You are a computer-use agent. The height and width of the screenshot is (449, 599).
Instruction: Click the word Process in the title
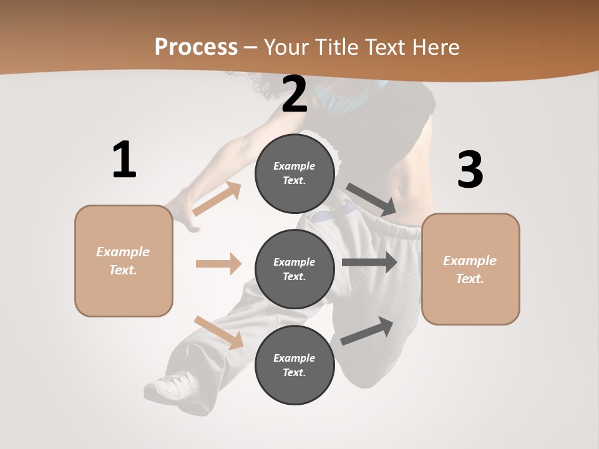(x=196, y=47)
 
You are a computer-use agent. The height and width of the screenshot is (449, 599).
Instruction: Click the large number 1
(x=124, y=160)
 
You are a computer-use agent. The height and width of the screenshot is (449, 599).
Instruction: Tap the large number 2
(x=295, y=94)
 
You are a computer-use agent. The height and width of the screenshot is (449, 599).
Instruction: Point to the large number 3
(x=470, y=170)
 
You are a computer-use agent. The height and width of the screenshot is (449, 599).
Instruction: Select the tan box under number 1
(x=124, y=261)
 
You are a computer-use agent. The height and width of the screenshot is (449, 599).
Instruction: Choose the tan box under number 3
(x=470, y=269)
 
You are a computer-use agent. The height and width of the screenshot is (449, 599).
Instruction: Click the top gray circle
(x=295, y=173)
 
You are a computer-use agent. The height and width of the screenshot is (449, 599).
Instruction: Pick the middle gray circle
(x=295, y=269)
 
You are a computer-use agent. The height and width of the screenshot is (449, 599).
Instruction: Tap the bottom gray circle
(x=295, y=365)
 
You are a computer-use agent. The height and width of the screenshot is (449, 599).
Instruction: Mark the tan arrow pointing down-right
(x=218, y=332)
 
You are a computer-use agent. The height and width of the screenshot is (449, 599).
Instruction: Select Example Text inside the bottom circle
(x=295, y=365)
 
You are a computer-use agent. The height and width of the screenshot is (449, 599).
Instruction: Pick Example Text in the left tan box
(x=124, y=261)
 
